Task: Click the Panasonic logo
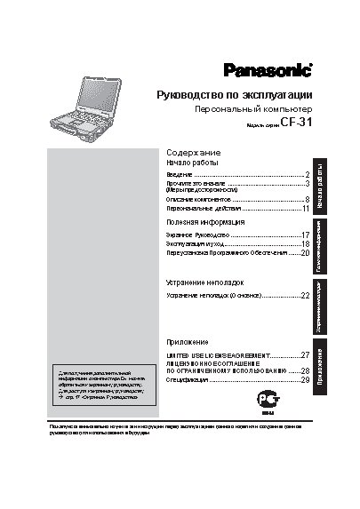[266, 70]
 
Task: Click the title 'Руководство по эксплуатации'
[233, 94]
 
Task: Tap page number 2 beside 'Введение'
[306, 175]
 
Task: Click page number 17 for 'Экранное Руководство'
[304, 233]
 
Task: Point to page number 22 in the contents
[304, 294]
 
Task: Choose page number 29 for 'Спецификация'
[304, 379]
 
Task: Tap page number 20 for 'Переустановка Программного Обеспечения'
[304, 252]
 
